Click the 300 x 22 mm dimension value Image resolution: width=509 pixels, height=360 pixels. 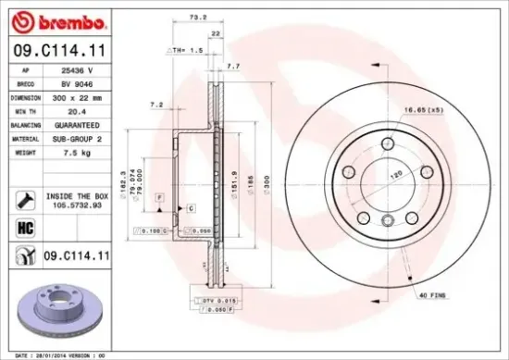(x=77, y=96)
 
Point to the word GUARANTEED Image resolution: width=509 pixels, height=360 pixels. (x=77, y=124)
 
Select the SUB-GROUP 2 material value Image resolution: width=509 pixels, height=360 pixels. (x=77, y=138)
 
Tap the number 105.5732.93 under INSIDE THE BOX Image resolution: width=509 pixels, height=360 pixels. (x=77, y=206)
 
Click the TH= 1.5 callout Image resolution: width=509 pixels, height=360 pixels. (x=189, y=48)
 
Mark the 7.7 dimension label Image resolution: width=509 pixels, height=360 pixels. (x=233, y=66)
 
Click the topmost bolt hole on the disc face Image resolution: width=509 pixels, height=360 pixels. (x=387, y=142)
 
